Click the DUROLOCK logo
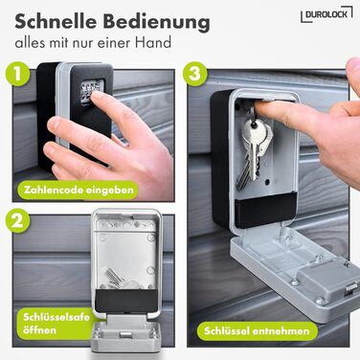pyautogui.click(x=326, y=14)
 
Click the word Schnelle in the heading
pyautogui.click(x=56, y=22)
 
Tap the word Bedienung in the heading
pyautogui.click(x=157, y=23)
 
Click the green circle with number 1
pyautogui.click(x=17, y=74)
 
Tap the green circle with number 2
pyautogui.click(x=17, y=220)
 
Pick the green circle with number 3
pyautogui.click(x=195, y=74)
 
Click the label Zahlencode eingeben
pyautogui.click(x=79, y=191)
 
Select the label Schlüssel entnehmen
pyautogui.click(x=257, y=331)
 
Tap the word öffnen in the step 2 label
pyautogui.click(x=40, y=330)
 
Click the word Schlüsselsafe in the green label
pyautogui.click(x=56, y=317)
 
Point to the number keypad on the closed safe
pyautogui.click(x=89, y=93)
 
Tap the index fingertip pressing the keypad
pyautogui.click(x=97, y=97)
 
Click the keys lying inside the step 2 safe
pyautogui.click(x=119, y=278)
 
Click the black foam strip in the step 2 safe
pyautogui.click(x=126, y=300)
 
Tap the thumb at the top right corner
pyautogui.click(x=353, y=72)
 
